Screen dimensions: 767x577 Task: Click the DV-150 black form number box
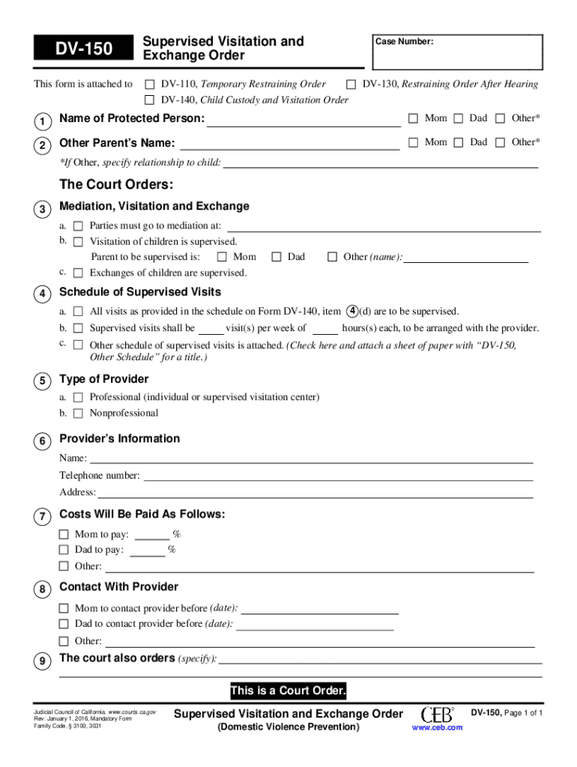pos(82,49)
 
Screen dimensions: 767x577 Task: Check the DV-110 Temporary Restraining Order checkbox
pos(150,84)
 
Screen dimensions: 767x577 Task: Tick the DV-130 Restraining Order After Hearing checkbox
pos(351,84)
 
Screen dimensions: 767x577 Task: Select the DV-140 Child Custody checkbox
pos(150,100)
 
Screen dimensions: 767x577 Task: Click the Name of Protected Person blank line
pos(303,120)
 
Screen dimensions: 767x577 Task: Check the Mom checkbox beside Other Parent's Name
pos(412,142)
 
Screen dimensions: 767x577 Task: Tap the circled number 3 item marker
pos(44,208)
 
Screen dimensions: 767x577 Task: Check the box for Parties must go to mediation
pos(78,225)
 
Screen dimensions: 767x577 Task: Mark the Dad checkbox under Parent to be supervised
pos(276,257)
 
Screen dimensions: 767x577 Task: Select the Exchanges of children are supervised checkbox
pos(78,273)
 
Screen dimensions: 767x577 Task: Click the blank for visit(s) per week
pos(211,329)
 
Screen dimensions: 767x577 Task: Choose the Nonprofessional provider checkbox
pos(78,413)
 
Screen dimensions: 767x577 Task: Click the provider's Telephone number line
pos(337,476)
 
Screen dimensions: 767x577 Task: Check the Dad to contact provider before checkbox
pos(64,624)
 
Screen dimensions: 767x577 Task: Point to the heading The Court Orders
pos(116,185)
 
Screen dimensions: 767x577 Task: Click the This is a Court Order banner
pos(288,691)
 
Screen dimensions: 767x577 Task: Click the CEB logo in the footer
pos(438,715)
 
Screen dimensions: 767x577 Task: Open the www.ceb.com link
pos(438,727)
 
